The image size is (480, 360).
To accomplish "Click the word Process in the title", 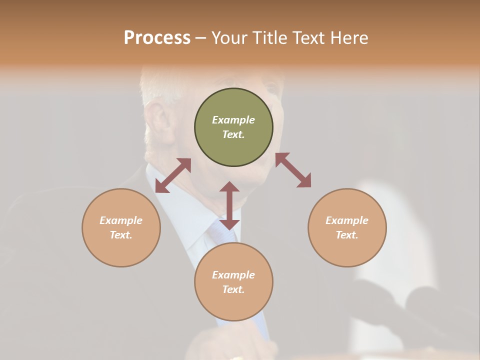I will [x=157, y=38].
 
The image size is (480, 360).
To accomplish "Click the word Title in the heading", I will [x=270, y=38].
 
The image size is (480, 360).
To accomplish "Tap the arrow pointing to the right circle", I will [x=293, y=170].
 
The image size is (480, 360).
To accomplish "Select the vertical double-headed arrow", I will [x=229, y=205].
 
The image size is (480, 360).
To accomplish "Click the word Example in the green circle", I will [x=233, y=120].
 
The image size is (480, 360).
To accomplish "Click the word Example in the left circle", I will [x=121, y=220].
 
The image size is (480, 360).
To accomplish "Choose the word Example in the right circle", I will [x=347, y=220].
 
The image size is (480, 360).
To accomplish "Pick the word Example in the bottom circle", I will [x=233, y=275].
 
